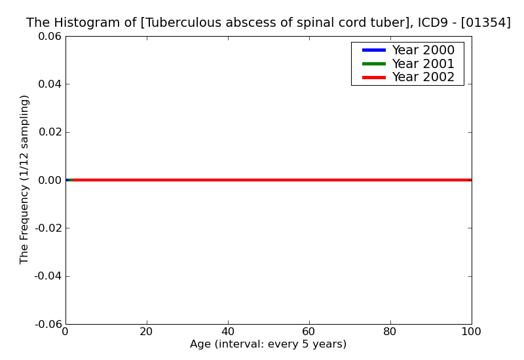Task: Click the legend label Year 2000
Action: [x=423, y=50]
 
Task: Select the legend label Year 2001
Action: [x=423, y=63]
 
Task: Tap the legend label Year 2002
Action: [x=423, y=77]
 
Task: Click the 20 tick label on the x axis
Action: [x=147, y=332]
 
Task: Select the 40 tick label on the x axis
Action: [x=228, y=332]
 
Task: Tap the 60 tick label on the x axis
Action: [x=309, y=332]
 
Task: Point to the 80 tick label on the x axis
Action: [x=390, y=332]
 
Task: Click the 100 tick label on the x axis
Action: [x=471, y=332]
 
